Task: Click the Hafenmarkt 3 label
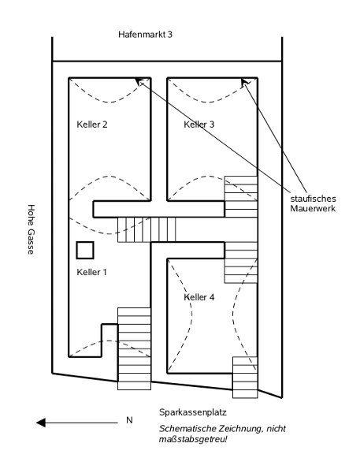click(145, 35)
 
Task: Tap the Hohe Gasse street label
click(31, 229)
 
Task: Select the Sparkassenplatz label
click(193, 412)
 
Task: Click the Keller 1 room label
click(91, 272)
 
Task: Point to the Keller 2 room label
click(92, 125)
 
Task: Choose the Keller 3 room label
click(199, 125)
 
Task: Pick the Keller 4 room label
click(199, 297)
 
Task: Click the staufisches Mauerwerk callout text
click(313, 203)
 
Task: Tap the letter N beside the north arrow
click(129, 420)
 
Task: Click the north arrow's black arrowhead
click(41, 423)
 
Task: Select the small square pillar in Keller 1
click(85, 250)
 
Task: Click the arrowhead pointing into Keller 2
click(139, 82)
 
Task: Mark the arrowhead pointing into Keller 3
click(245, 82)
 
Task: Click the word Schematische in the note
click(187, 429)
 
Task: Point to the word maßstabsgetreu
click(193, 440)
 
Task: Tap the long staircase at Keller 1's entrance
click(134, 348)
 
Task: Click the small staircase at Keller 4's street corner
click(245, 378)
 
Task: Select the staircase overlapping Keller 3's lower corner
click(241, 196)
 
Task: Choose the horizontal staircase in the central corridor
click(147, 229)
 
